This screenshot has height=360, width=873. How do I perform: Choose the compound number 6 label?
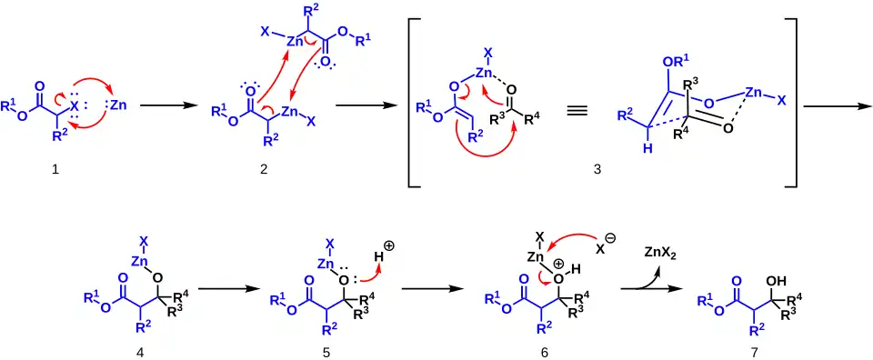[x=544, y=352]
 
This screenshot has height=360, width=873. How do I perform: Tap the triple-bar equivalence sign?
[x=577, y=111]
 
